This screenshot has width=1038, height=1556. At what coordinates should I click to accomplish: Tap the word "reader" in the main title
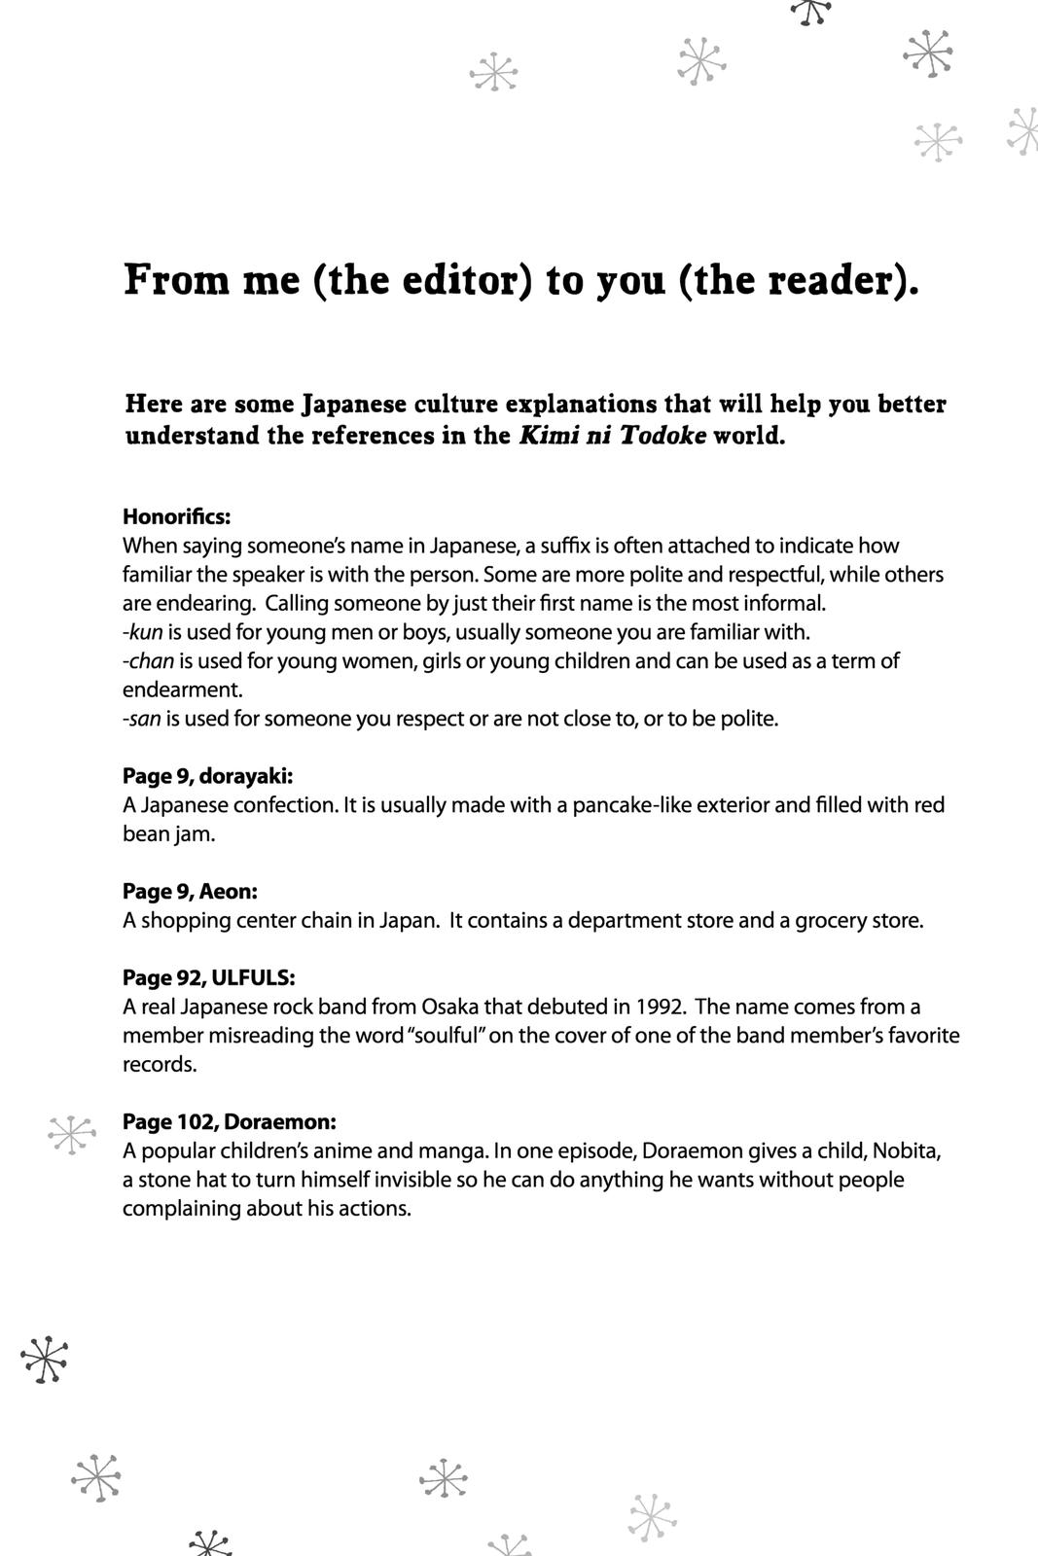831,281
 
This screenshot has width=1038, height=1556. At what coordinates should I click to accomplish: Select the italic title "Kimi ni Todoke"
613,435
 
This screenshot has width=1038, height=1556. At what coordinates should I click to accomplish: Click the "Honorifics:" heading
176,516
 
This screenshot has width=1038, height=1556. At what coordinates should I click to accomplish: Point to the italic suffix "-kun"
143,632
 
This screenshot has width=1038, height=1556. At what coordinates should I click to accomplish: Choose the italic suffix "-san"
142,719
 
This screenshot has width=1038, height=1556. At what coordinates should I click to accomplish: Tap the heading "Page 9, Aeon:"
190,891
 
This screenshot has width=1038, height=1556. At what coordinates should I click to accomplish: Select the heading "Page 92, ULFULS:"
208,977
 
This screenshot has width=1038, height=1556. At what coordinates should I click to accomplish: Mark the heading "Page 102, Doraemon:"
230,1121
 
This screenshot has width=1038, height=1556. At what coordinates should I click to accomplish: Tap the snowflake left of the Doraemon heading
71,1134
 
